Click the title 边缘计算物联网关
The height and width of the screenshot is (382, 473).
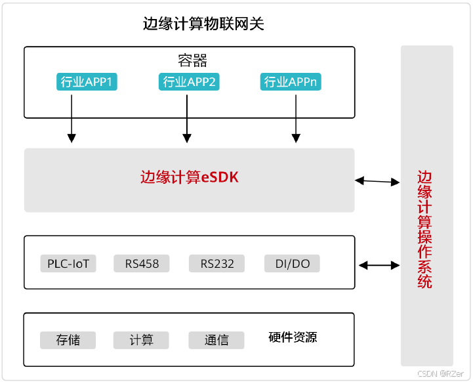[203, 24]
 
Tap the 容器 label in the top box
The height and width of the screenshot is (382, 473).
[192, 61]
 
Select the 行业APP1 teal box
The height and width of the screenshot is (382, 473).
[87, 82]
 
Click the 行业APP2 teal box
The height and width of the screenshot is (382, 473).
[188, 82]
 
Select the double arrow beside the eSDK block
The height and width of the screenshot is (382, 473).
[377, 180]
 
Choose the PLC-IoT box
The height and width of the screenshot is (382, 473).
[68, 264]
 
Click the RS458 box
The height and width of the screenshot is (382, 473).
[141, 264]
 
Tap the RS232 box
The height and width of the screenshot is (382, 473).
[216, 264]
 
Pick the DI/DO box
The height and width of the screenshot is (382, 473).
[292, 264]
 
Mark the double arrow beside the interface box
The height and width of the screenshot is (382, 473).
[379, 265]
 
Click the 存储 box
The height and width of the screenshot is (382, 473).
[68, 340]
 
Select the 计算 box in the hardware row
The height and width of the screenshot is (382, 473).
[141, 340]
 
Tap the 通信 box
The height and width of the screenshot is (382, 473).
[216, 340]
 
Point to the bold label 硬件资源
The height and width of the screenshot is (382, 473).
[293, 337]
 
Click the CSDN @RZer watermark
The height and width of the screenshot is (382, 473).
[440, 373]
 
